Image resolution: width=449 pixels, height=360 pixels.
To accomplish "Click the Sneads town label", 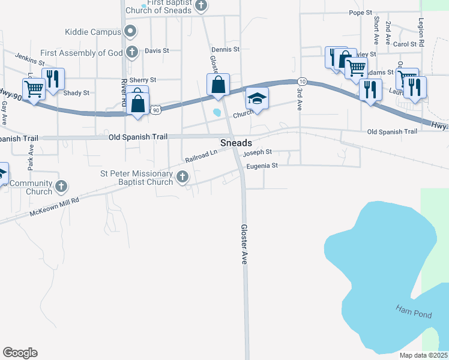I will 235,143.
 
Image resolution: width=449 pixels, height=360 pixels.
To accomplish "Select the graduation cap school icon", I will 257,98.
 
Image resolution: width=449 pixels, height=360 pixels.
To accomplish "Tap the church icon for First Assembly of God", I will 133,53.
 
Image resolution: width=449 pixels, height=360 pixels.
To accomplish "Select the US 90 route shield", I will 156,110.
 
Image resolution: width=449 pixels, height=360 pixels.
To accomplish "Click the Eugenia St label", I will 262,166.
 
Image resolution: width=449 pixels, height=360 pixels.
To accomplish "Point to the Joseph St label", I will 258,153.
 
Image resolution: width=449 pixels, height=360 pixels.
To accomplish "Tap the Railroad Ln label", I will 200,157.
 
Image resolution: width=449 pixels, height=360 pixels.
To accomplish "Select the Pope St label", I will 361,13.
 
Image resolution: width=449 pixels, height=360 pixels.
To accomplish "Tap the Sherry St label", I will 143,80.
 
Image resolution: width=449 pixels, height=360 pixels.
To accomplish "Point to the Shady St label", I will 76,93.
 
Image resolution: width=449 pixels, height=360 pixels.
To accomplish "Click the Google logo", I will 20,353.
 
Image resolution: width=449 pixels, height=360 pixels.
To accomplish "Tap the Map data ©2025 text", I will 423,355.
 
